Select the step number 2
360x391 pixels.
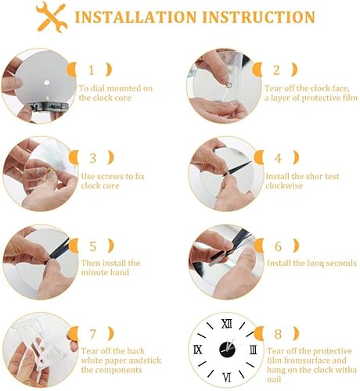(x=277, y=70)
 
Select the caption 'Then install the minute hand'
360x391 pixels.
(x=110, y=267)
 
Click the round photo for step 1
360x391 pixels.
(x=37, y=84)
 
